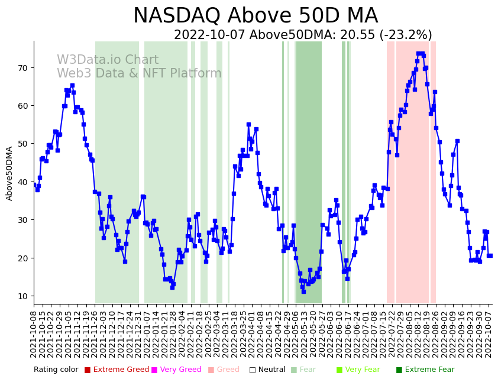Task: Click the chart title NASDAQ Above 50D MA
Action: (x=255, y=16)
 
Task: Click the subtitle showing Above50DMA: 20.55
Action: (x=302, y=35)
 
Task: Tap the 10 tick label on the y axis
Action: (x=22, y=296)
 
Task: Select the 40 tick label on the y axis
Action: (x=22, y=182)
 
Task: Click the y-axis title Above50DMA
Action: (x=9, y=173)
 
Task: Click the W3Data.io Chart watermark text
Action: (x=108, y=60)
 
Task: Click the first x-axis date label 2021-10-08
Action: (x=34, y=333)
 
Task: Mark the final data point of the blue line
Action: (x=490, y=255)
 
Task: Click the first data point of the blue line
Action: (x=34, y=185)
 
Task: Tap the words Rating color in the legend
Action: (x=56, y=370)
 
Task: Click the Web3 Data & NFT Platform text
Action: (x=139, y=74)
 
